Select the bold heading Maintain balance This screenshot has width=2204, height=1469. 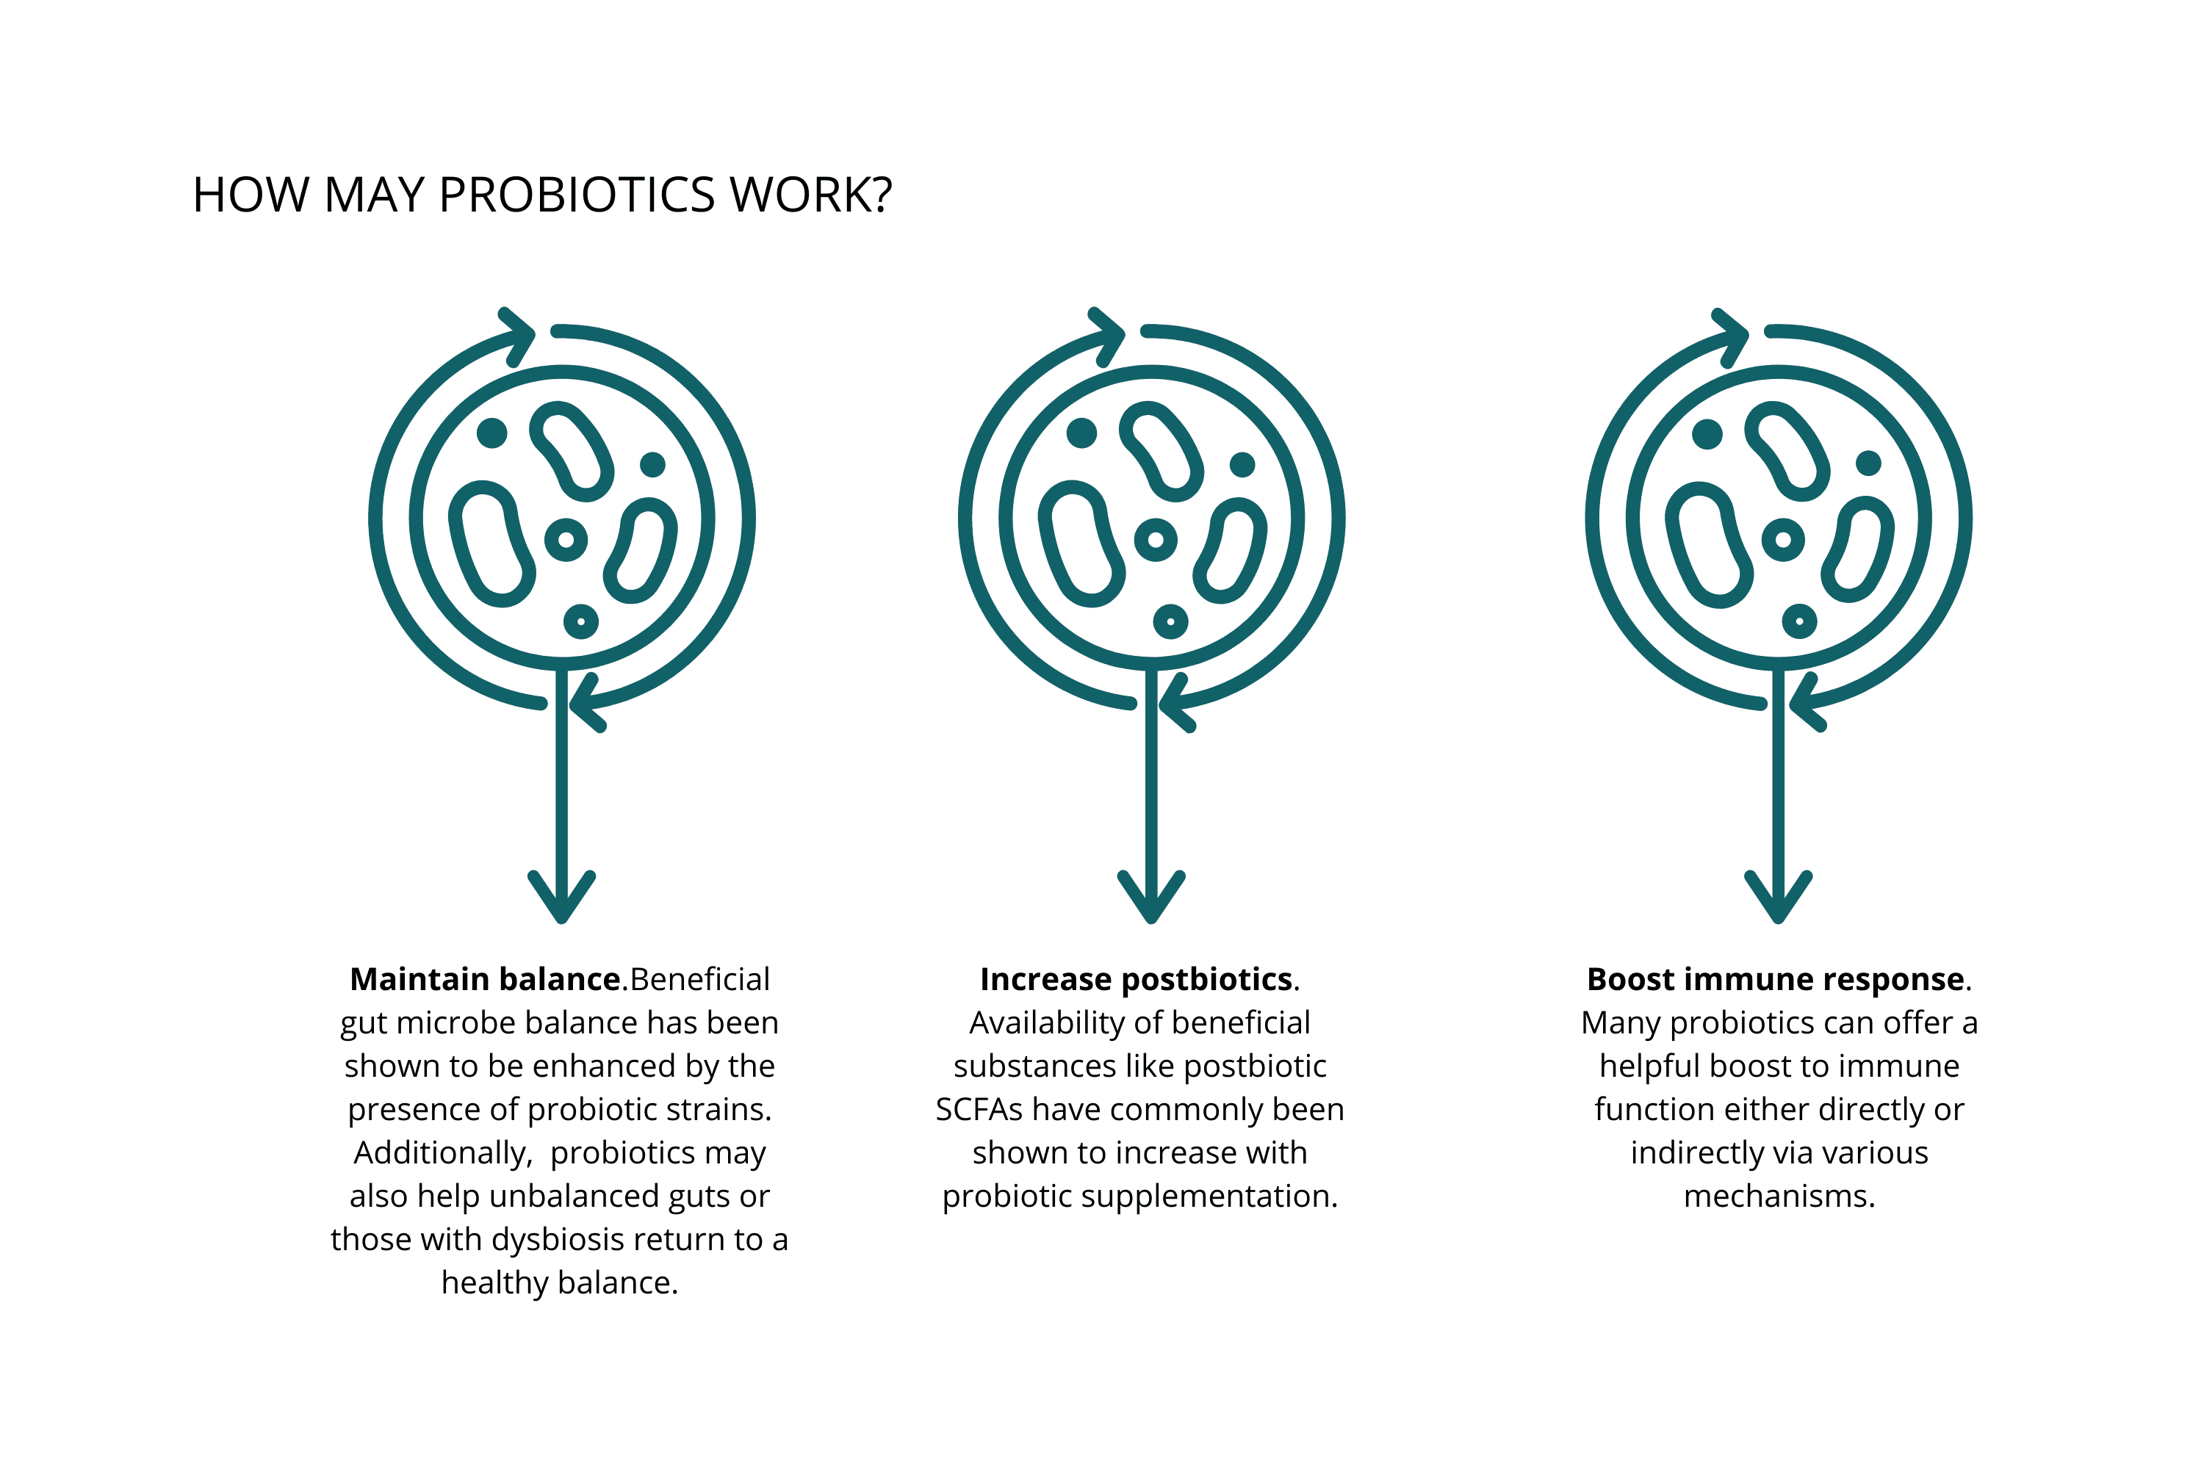(484, 979)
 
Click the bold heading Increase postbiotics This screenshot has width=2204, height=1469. (1136, 979)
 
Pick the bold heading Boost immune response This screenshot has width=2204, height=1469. (1775, 979)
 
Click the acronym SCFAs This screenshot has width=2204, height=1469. (979, 1109)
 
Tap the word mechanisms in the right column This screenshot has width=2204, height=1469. (1779, 1197)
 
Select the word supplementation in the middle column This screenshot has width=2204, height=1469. (1219, 1197)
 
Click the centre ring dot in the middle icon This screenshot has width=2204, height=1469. (1156, 540)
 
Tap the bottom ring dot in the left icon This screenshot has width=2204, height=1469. (581, 621)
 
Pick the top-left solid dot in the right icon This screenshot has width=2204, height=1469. (1707, 434)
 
